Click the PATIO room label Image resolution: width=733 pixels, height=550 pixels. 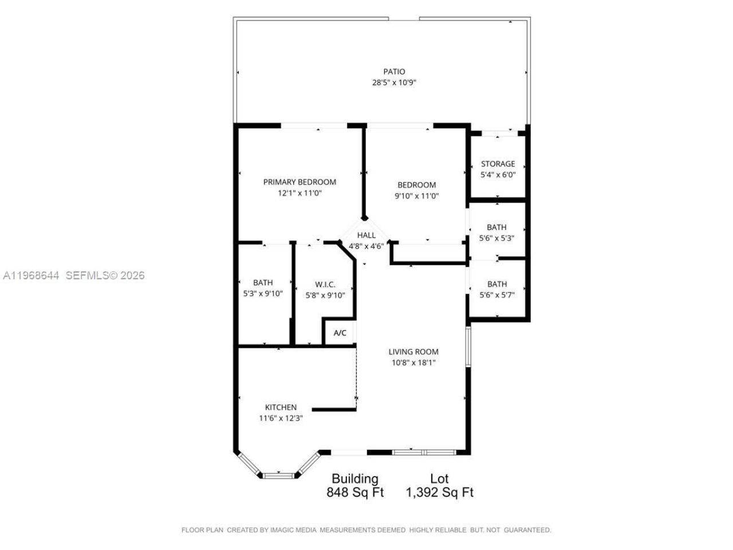394,72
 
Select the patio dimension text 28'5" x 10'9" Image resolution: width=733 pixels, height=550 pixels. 394,82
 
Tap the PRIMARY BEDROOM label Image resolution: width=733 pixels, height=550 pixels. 299,182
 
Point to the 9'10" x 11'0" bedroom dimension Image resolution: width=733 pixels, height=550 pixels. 416,196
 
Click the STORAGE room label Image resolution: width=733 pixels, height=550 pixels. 498,164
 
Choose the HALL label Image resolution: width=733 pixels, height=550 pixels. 366,235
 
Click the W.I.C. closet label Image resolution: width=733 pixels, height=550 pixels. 325,284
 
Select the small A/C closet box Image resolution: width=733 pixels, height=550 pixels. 340,333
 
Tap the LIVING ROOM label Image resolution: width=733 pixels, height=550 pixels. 413,352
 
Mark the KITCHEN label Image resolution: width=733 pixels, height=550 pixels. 281,407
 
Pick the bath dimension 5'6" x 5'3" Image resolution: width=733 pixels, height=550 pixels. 496,238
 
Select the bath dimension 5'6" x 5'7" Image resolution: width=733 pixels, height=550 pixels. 496,295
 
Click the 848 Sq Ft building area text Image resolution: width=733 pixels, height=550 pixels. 355,492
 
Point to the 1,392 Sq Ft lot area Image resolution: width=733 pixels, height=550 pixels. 439,492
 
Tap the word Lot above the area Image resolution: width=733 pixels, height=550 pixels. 439,478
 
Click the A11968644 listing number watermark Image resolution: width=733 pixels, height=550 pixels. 31,276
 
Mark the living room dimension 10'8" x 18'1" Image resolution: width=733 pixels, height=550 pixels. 413,363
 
